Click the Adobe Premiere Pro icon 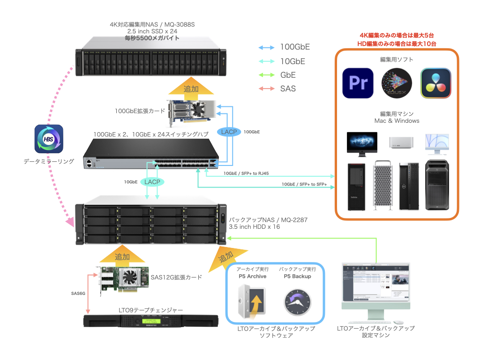coord(358,83)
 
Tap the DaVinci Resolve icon coord(435,83)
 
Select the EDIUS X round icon coord(397,83)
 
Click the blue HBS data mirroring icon coord(49,139)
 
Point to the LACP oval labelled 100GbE coord(229,132)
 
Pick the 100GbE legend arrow coord(266,47)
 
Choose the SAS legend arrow coord(266,88)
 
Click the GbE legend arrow coord(266,75)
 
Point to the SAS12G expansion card coord(120,280)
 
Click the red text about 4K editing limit coord(397,35)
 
